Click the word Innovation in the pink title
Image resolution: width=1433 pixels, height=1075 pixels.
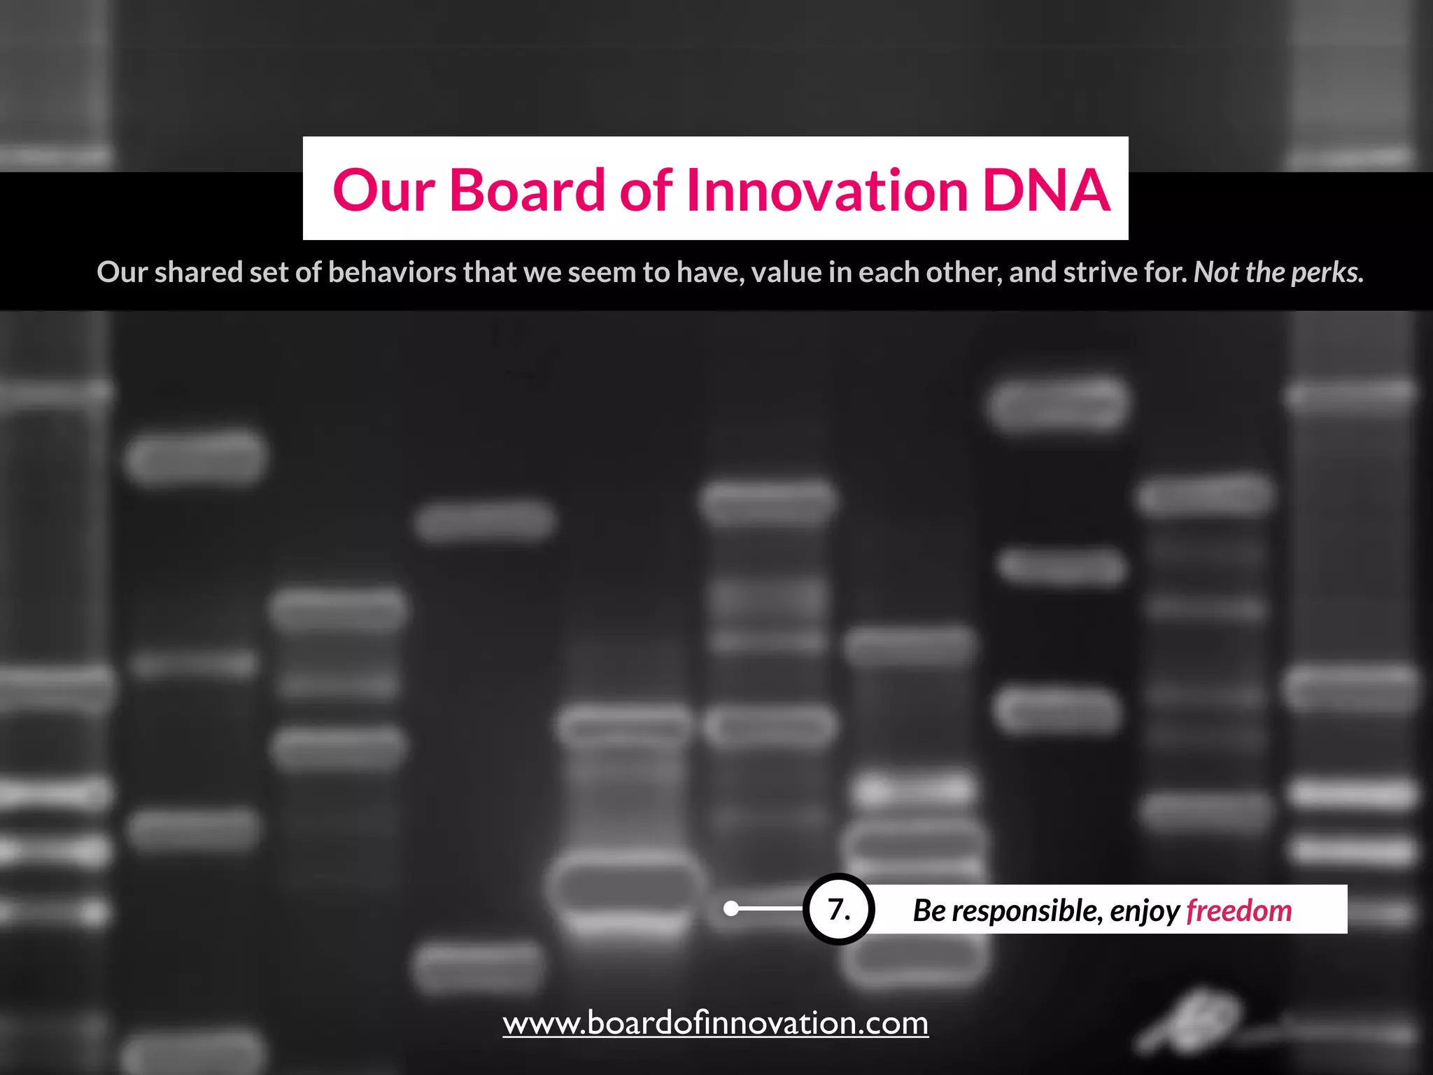(827, 190)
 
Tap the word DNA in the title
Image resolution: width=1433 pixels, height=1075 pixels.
(1046, 190)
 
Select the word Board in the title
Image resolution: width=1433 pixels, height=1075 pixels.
(526, 190)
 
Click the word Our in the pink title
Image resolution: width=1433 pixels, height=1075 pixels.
(383, 190)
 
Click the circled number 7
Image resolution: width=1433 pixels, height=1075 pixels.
(838, 909)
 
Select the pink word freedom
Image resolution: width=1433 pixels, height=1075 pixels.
(1238, 911)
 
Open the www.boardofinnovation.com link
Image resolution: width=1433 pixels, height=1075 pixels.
(715, 1023)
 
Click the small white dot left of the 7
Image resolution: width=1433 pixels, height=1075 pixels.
(731, 909)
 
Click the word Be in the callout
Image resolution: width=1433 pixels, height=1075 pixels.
(929, 911)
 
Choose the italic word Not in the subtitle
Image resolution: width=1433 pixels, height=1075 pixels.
(1216, 272)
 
